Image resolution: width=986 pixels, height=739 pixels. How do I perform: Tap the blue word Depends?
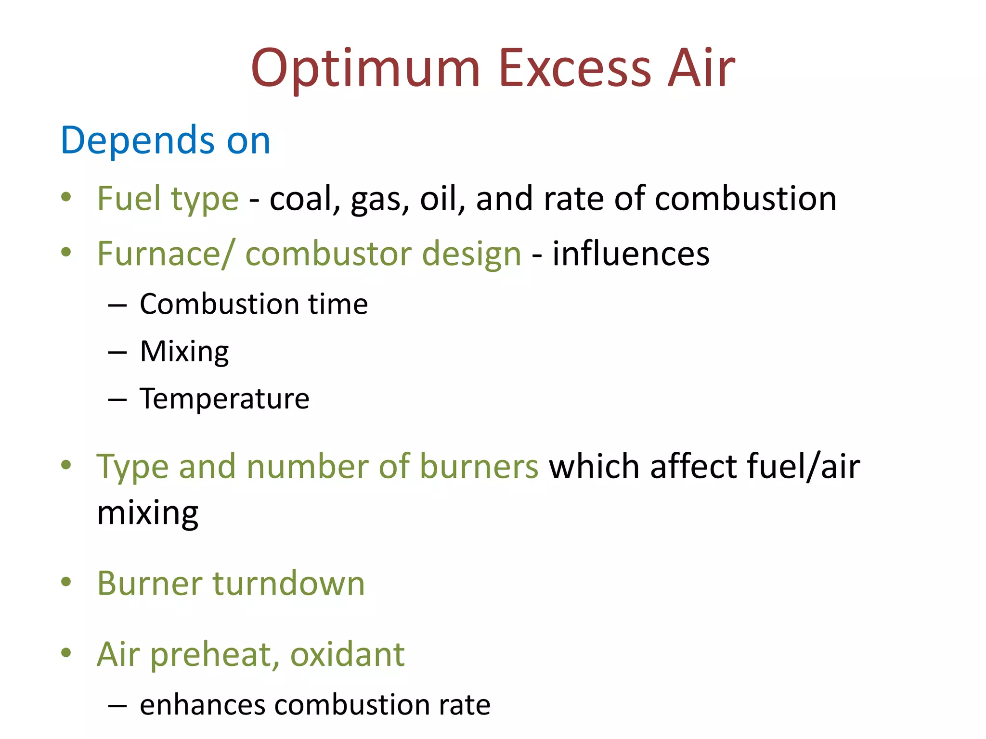tap(137, 140)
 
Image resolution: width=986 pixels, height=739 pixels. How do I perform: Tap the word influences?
tap(631, 254)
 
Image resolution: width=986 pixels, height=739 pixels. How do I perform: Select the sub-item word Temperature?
tap(224, 398)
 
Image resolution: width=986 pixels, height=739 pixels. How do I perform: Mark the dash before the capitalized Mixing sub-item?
tap(117, 353)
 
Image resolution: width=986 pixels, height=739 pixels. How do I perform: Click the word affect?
tap(690, 466)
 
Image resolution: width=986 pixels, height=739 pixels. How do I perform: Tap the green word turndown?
tap(289, 583)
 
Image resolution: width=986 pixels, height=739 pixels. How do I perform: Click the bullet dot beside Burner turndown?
tap(66, 582)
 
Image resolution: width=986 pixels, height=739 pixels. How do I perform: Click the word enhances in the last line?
tap(202, 705)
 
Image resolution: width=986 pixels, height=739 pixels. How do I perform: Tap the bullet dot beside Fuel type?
tap(66, 197)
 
